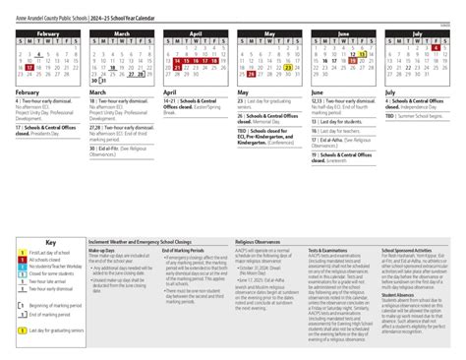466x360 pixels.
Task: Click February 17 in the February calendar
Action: pyautogui.click(x=29, y=65)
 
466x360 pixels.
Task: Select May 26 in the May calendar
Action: pyautogui.click(x=252, y=73)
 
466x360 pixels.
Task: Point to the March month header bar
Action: pyautogui.click(x=122, y=33)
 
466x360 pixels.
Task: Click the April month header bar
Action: pyautogui.click(x=196, y=33)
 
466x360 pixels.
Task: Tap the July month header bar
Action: pyautogui.click(x=416, y=33)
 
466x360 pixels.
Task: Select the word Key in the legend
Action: pyautogui.click(x=51, y=242)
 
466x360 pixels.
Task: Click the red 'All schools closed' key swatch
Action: pyautogui.click(x=22, y=261)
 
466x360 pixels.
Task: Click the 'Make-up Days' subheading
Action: pyautogui.click(x=102, y=250)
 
